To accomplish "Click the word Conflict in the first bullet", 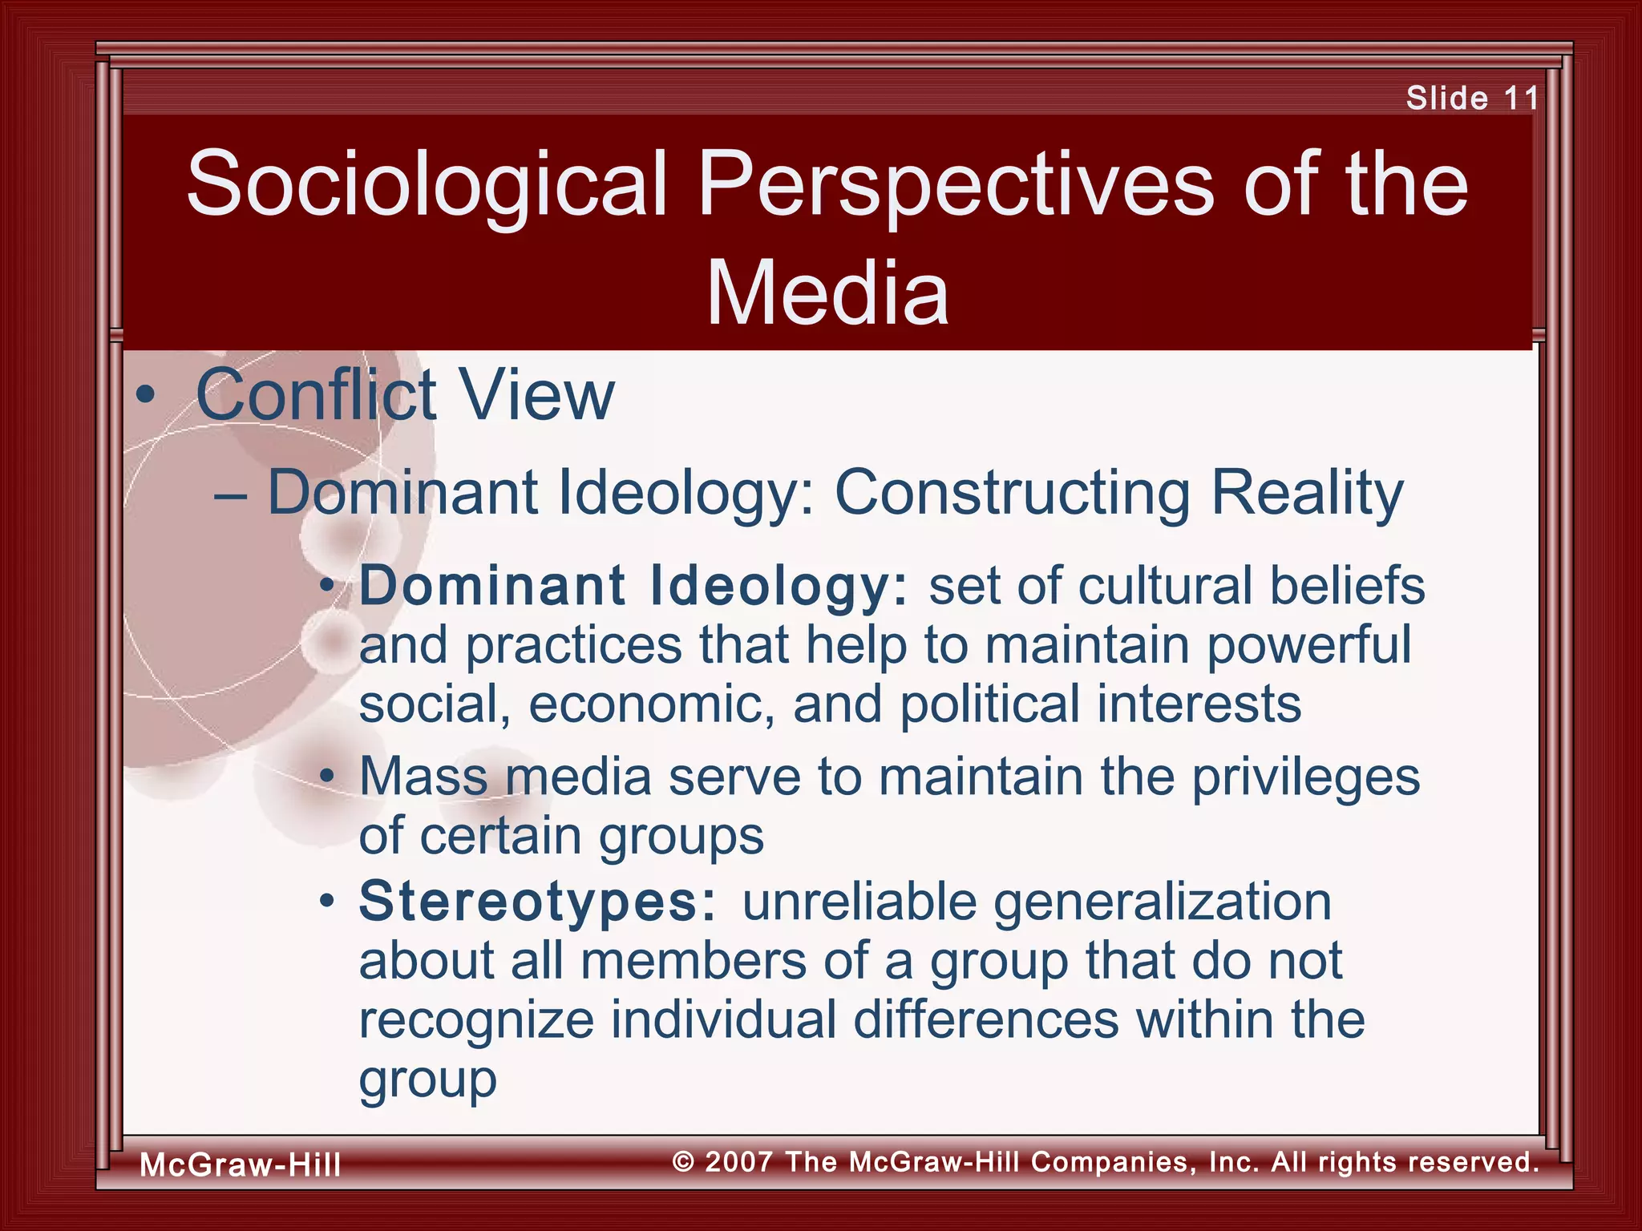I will click(x=316, y=394).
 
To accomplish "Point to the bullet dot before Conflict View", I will click(x=145, y=396).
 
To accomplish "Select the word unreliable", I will click(x=859, y=902).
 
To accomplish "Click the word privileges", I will click(x=1306, y=778).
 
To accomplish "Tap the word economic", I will click(x=652, y=704).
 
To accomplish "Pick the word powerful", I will click(x=1308, y=646).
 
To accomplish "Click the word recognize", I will click(x=476, y=1021).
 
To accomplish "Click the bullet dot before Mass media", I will click(x=326, y=777).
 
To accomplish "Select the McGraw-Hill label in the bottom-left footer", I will click(x=241, y=1164).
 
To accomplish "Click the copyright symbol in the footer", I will click(x=683, y=1161).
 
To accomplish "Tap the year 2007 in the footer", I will click(x=739, y=1161).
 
